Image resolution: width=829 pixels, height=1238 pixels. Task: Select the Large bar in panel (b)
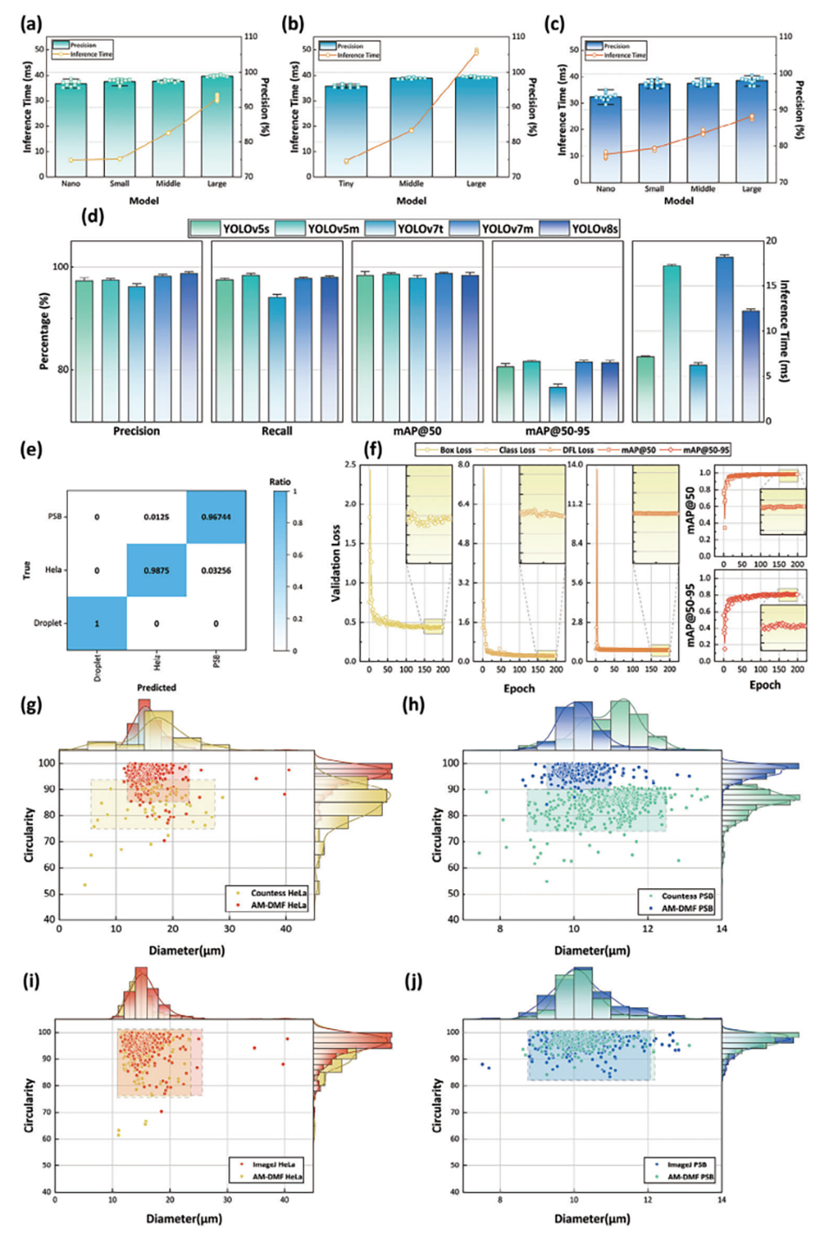[x=476, y=126]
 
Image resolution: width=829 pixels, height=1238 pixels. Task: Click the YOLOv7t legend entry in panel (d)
[x=420, y=228]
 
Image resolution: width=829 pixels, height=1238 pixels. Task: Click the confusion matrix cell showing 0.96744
[x=216, y=517]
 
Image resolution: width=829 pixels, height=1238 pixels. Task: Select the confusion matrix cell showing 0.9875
[x=156, y=570]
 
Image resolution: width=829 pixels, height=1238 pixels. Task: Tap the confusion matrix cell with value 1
[x=97, y=623]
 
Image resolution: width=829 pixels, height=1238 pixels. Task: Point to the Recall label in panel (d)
[x=277, y=431]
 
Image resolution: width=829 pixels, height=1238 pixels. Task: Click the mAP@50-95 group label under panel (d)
[x=557, y=431]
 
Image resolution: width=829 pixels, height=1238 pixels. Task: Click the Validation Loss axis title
[x=335, y=561]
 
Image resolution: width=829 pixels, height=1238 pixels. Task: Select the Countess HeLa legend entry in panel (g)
[x=279, y=893]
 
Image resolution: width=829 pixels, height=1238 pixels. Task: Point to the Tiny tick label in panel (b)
[x=345, y=184]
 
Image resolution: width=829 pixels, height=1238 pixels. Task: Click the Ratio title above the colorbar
[x=280, y=481]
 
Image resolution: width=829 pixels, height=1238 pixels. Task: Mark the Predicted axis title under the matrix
[x=156, y=687]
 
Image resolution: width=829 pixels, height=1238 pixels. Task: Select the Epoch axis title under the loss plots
[x=519, y=689]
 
